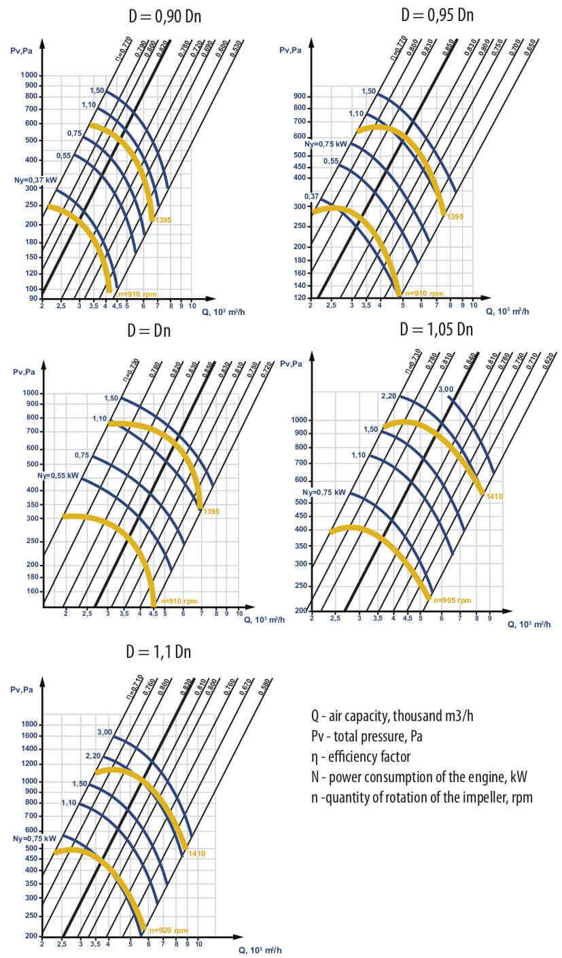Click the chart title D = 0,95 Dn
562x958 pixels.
pos(437,14)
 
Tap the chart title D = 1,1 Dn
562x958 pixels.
pos(158,652)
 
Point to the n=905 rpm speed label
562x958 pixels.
pos(452,600)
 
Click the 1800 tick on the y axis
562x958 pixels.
pos(29,724)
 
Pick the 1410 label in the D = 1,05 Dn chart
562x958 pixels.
pos(493,497)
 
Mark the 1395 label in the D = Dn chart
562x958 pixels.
pos(211,511)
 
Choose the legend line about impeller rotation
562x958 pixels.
pos(421,797)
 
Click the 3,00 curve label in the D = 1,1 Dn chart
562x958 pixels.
pos(105,732)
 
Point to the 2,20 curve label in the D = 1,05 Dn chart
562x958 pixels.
pos(389,395)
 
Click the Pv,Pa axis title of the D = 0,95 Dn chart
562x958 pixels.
pos(291,50)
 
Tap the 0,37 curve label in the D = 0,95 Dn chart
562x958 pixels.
pos(311,196)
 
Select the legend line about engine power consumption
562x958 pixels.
pos(419,777)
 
